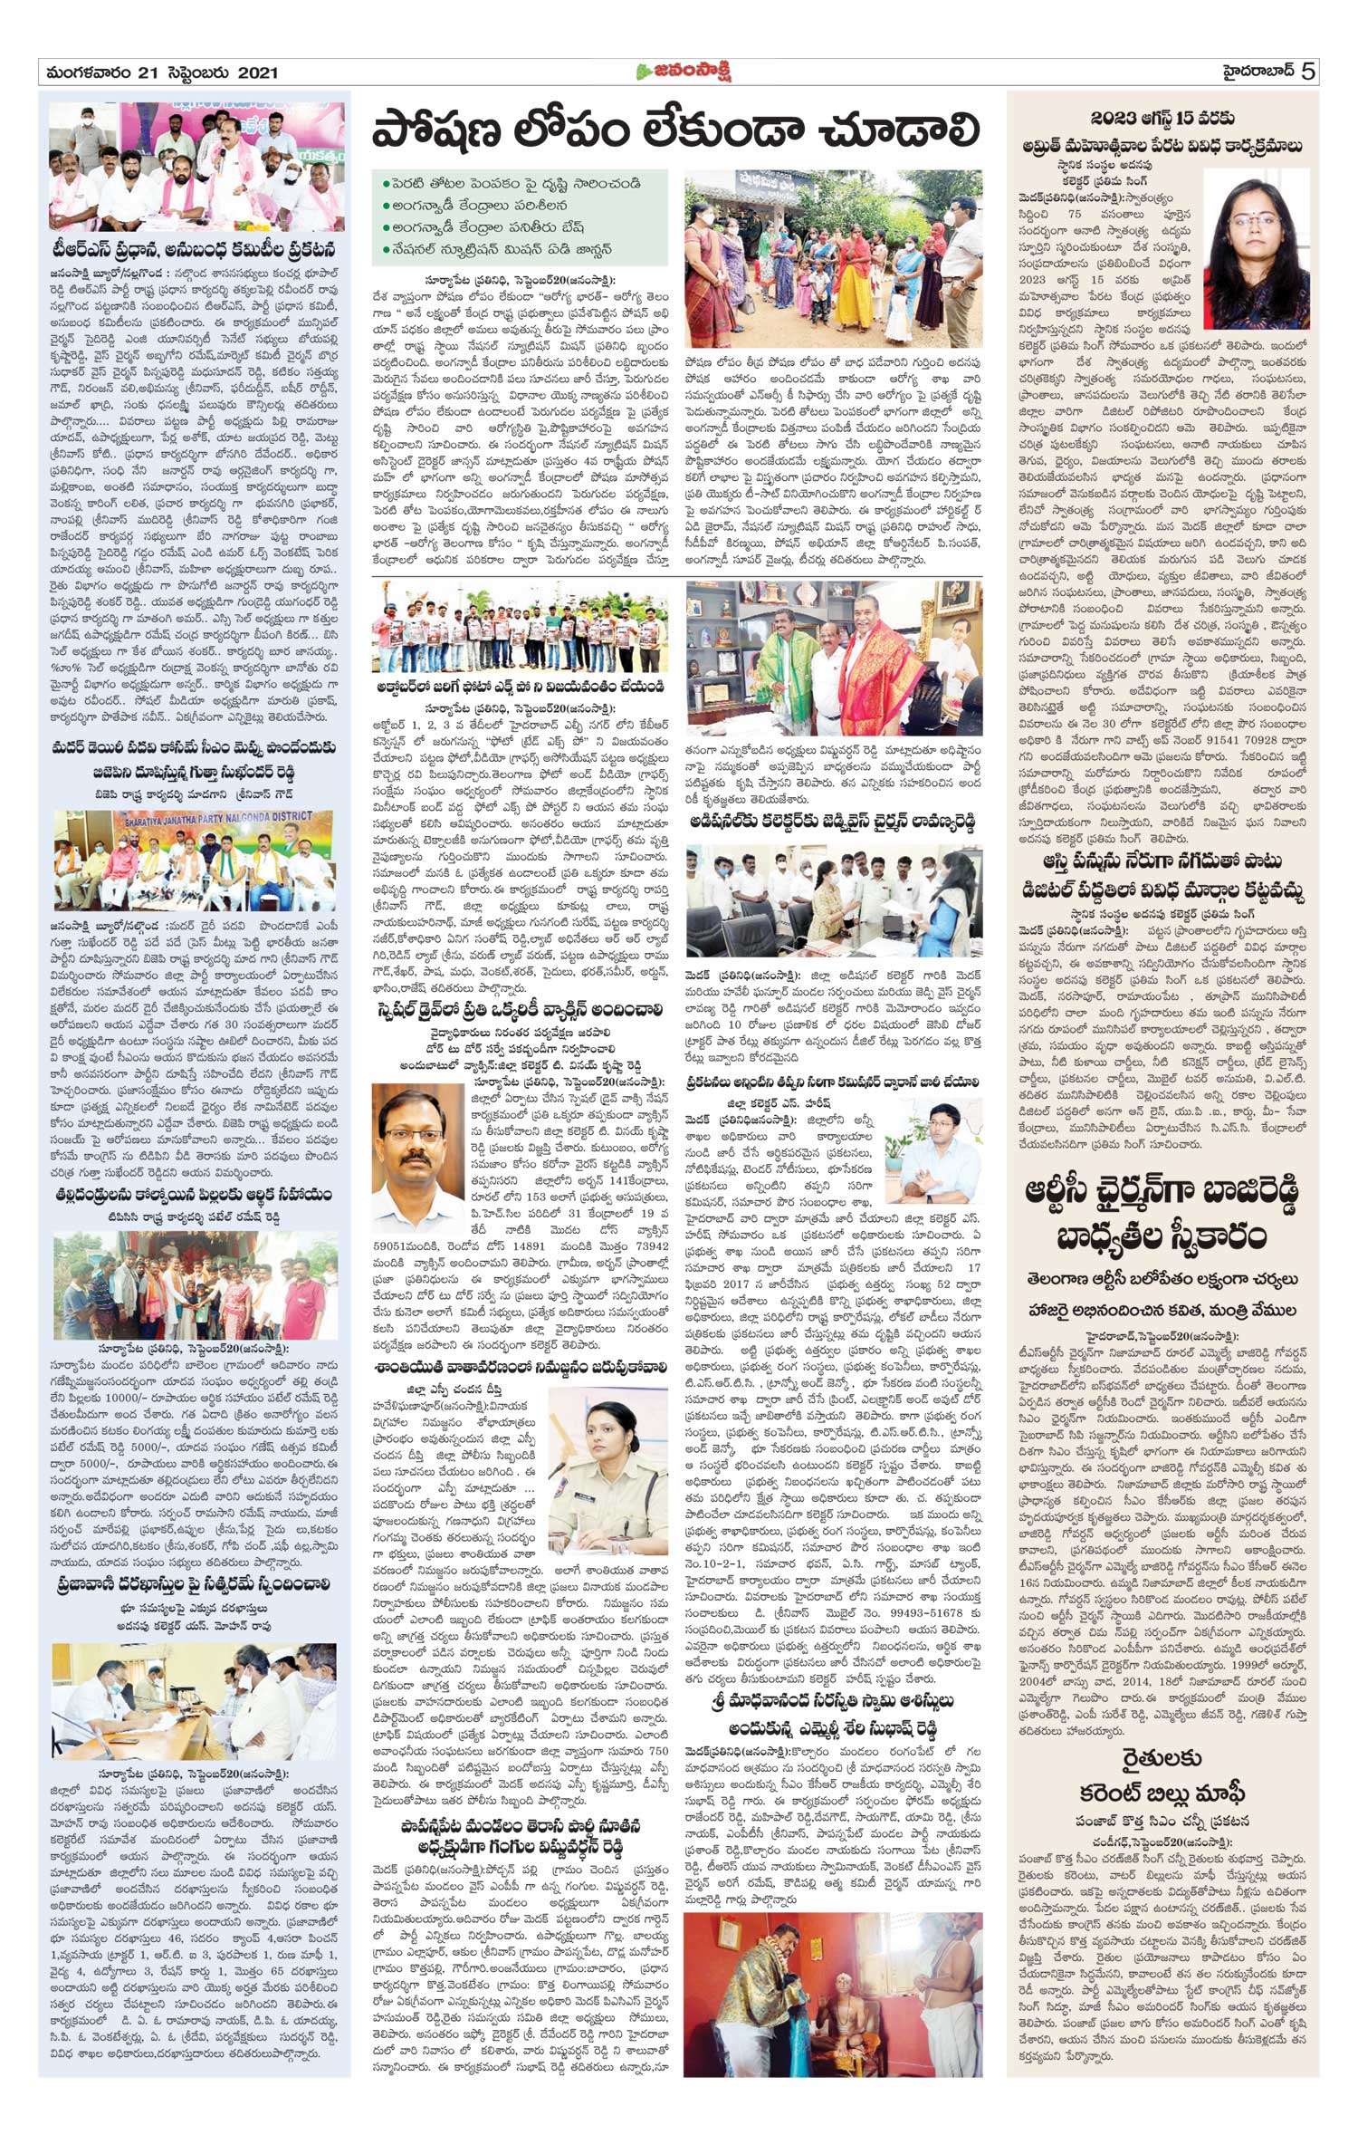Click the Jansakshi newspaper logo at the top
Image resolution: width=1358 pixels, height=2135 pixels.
[x=682, y=71]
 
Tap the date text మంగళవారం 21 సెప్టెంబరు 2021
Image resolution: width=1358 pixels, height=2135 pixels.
[x=158, y=72]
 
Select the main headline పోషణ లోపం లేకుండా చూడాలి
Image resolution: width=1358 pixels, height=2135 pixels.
[x=676, y=131]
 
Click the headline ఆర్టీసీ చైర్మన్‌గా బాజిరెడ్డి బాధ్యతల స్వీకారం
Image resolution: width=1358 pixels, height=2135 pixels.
[x=1163, y=1214]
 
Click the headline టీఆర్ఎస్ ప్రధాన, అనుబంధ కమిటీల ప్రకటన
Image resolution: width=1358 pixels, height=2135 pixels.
[x=194, y=250]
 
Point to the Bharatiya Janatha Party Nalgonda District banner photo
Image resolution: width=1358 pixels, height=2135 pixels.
[x=194, y=860]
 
